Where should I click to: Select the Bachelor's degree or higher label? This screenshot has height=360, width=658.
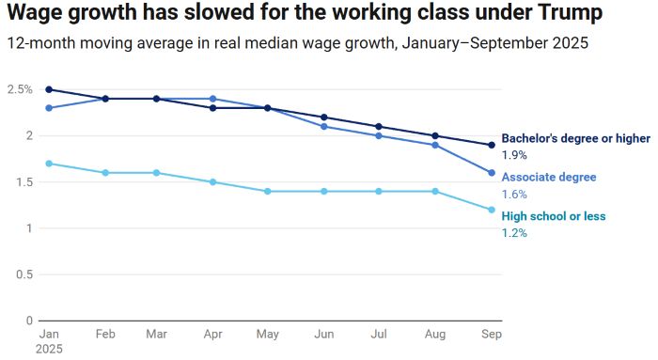click(x=575, y=138)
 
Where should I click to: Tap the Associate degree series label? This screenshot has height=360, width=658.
click(x=549, y=177)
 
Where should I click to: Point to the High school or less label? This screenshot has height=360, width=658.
click(x=554, y=216)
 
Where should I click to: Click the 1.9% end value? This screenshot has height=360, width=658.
click(x=514, y=155)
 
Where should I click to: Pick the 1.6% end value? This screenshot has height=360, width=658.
click(x=514, y=194)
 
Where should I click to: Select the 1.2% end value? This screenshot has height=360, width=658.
click(x=514, y=233)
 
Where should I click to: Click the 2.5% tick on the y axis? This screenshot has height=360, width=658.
click(x=20, y=89)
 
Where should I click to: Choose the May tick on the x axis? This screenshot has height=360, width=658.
click(x=268, y=334)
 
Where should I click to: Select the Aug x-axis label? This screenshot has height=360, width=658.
click(x=434, y=334)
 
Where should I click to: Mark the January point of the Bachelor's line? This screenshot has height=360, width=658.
click(x=48, y=89)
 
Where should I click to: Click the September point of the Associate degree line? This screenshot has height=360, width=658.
click(x=491, y=173)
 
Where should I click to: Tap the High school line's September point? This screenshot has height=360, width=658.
click(x=491, y=210)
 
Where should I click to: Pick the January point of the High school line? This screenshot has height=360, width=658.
click(x=48, y=164)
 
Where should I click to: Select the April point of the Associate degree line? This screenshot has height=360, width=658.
click(x=212, y=99)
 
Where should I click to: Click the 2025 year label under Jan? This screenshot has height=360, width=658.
click(x=50, y=348)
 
